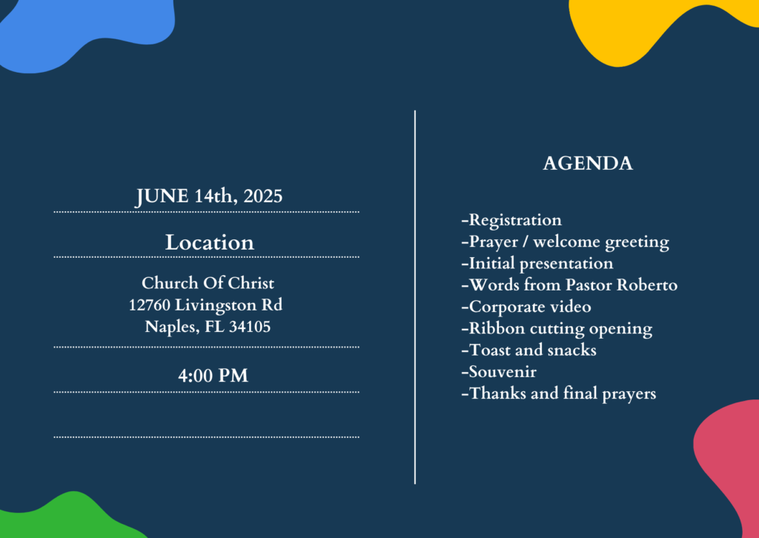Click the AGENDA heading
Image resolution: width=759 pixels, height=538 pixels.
point(588,164)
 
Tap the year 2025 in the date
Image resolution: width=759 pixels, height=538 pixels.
point(263,196)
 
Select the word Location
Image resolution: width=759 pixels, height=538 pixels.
point(209,242)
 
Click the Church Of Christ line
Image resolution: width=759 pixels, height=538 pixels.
point(208,282)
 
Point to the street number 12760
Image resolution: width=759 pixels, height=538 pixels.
point(150,305)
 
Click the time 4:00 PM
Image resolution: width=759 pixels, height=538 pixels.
point(213,376)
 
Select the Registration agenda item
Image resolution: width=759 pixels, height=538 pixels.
point(511,220)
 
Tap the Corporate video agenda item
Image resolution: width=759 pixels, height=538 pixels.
point(526,307)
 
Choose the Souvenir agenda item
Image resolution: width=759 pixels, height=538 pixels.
point(499,371)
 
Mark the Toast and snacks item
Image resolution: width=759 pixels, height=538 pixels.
point(528,350)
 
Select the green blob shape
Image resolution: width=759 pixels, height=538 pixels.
point(73,518)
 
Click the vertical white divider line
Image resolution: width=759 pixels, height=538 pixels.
point(415,297)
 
